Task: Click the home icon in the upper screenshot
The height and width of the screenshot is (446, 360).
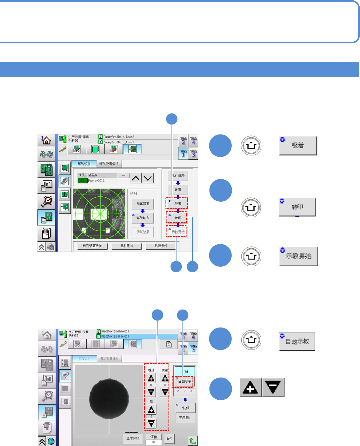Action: pos(46,140)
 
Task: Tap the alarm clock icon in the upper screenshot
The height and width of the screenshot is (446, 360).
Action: pos(46,201)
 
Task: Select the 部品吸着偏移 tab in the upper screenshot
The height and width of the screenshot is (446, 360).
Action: pos(109,164)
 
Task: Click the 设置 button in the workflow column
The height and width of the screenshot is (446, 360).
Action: pos(178,190)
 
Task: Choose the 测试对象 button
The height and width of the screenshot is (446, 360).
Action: pos(143,204)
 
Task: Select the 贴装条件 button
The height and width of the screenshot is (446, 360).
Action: pos(161,246)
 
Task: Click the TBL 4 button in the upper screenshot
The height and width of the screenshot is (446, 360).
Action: pos(193,141)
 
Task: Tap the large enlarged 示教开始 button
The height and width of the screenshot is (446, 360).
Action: pos(299,256)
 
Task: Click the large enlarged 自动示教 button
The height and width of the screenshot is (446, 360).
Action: pos(297,341)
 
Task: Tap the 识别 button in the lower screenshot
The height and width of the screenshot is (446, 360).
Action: pos(185,408)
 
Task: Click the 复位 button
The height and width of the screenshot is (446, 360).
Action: pos(170,439)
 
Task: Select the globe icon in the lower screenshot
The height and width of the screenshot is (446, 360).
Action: pos(51,441)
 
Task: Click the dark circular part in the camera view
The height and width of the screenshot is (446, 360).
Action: pos(109,398)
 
